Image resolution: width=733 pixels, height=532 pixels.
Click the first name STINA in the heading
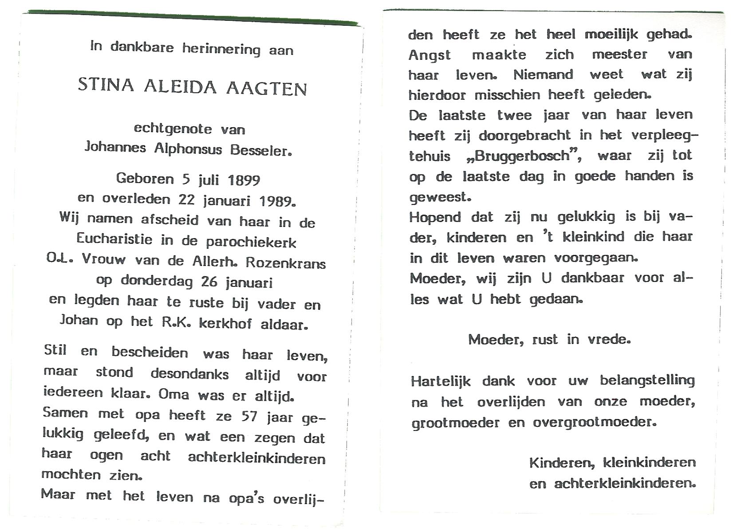(106, 84)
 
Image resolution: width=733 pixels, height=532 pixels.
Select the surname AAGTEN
(267, 88)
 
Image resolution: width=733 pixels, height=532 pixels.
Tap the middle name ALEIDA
(180, 86)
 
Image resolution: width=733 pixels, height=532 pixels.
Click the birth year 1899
(244, 180)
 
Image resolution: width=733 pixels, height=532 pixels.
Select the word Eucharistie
(114, 239)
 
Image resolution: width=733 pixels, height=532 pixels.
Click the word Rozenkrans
(285, 263)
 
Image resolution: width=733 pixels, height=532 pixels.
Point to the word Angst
(429, 55)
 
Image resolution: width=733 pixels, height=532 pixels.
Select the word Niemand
(543, 74)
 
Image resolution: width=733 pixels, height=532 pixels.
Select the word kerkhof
(225, 324)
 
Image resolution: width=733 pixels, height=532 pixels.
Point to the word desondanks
(189, 374)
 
